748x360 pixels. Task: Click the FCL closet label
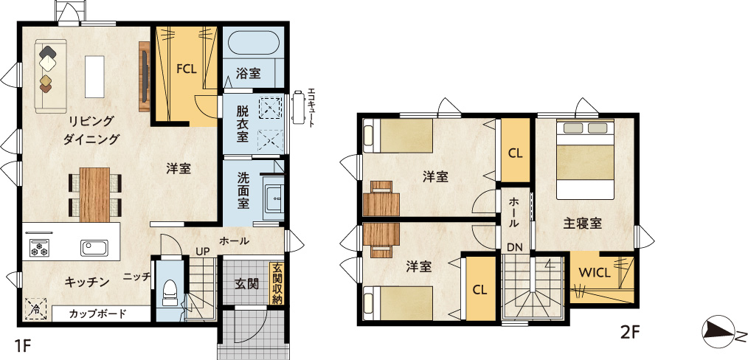tap(186, 69)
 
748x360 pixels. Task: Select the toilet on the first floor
tap(170, 292)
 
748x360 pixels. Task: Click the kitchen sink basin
tap(94, 247)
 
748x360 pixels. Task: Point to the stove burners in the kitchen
tap(38, 247)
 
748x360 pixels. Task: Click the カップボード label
tap(98, 314)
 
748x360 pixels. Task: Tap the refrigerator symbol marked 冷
tap(36, 309)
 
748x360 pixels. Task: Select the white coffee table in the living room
tap(94, 76)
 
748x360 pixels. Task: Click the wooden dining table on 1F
tap(95, 195)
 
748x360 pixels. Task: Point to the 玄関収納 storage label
tap(277, 283)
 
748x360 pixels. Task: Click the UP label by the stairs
tap(203, 251)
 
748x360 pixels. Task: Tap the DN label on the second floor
tap(515, 247)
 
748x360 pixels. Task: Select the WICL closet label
tap(595, 274)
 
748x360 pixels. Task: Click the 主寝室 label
tap(581, 223)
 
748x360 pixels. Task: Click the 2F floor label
tap(629, 333)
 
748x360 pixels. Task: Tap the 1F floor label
tap(22, 345)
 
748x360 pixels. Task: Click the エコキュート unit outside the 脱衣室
tap(299, 107)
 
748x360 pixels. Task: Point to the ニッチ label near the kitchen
tap(137, 276)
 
